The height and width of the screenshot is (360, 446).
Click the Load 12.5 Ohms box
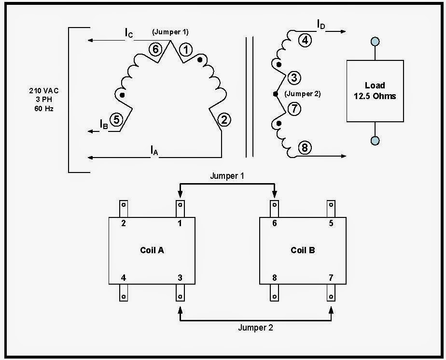375,91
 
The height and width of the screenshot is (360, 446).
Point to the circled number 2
223,119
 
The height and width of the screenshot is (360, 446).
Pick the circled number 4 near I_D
304,41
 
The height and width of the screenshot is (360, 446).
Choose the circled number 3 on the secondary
294,77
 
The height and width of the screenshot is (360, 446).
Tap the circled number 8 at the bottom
304,148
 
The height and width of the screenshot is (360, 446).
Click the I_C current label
128,33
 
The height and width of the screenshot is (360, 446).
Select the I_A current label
154,151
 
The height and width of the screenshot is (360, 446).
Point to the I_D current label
321,24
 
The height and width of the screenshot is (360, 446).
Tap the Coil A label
152,250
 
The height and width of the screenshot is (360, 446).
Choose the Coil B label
303,250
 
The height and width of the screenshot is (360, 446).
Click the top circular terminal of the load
375,42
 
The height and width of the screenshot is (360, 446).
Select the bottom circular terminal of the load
375,141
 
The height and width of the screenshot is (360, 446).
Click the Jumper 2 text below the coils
255,328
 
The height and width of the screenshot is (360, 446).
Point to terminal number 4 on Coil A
124,278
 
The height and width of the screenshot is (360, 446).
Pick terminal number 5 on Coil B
331,223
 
